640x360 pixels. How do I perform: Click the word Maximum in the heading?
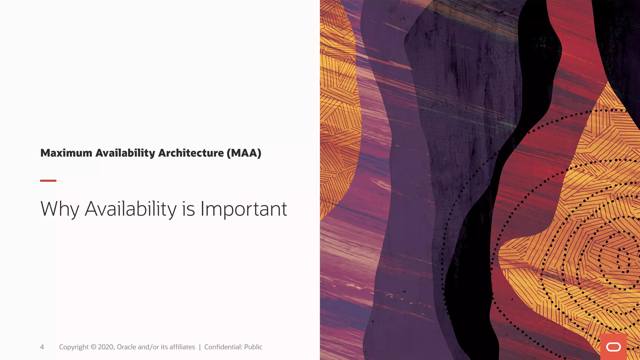[66, 153]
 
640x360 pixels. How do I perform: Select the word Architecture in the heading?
[191, 153]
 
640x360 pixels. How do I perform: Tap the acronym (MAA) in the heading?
[244, 153]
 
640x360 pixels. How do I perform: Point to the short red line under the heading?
[48, 181]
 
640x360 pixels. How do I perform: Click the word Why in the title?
[60, 209]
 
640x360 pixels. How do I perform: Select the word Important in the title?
[243, 209]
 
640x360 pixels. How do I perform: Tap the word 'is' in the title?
[188, 209]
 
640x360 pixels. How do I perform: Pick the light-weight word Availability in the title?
[131, 209]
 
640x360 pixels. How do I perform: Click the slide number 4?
[42, 347]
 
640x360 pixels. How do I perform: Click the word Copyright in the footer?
[74, 347]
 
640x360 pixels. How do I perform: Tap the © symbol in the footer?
[93, 347]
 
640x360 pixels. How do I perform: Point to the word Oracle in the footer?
[126, 347]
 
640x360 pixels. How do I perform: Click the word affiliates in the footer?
[182, 347]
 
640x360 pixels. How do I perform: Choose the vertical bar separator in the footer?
[200, 347]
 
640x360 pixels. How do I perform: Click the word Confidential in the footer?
[223, 347]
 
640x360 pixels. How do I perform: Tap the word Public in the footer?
[253, 347]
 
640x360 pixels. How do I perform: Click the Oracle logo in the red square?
[613, 347]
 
